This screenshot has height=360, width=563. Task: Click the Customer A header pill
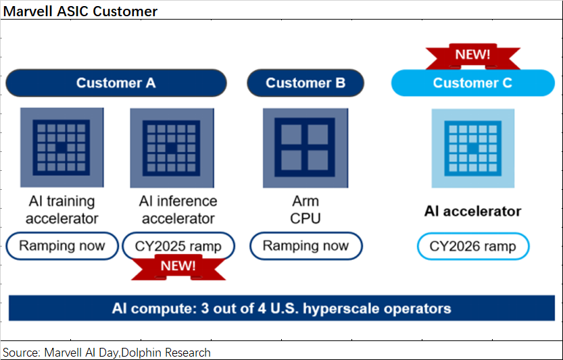(x=116, y=83)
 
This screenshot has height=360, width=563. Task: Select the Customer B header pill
(x=305, y=83)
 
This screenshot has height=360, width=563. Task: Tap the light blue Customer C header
(x=472, y=83)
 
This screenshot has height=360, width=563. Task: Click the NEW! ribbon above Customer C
(x=472, y=55)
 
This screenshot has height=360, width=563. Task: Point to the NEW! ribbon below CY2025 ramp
(x=178, y=266)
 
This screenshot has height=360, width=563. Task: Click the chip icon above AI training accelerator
(x=62, y=147)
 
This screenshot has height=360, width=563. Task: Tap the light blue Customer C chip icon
(x=473, y=148)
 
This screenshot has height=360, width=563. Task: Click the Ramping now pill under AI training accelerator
(x=62, y=245)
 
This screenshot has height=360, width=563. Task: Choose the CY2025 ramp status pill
(x=178, y=246)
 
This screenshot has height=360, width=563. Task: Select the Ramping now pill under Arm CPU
(x=305, y=245)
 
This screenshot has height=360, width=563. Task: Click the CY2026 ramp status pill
(x=473, y=247)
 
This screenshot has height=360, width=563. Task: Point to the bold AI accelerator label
(x=472, y=211)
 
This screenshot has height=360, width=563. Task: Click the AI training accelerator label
(x=62, y=209)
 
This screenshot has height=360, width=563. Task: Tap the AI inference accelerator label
(x=178, y=209)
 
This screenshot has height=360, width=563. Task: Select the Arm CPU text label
(x=305, y=209)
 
